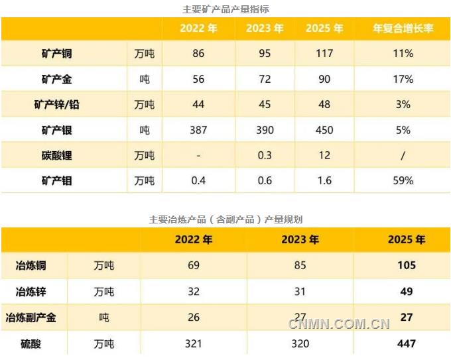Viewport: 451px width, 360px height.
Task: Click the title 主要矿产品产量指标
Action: click(x=225, y=9)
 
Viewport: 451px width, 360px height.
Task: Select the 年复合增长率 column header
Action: click(x=403, y=29)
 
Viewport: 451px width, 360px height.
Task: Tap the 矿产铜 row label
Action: click(x=56, y=54)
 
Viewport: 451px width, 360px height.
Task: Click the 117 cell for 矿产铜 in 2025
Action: click(x=324, y=54)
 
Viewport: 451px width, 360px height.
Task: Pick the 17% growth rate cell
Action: click(x=403, y=79)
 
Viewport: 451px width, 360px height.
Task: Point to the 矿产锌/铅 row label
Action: click(x=56, y=105)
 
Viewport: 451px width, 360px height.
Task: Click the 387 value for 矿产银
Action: click(x=198, y=130)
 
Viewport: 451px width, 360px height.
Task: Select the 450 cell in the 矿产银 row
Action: click(x=324, y=130)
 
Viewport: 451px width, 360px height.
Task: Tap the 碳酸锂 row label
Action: click(x=56, y=155)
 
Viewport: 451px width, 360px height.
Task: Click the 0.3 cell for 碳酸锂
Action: click(x=265, y=155)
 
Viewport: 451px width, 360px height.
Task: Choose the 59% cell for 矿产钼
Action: click(x=403, y=180)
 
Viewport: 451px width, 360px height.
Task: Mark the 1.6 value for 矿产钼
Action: click(x=324, y=180)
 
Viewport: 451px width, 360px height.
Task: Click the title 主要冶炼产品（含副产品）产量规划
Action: click(x=225, y=219)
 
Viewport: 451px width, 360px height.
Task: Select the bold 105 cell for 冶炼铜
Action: click(x=407, y=265)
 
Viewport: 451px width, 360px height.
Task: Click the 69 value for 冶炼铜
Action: click(x=194, y=265)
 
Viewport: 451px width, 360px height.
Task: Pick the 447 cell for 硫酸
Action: click(x=407, y=343)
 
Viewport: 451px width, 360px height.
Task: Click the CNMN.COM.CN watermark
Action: click(x=339, y=324)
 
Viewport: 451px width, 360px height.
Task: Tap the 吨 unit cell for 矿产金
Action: click(x=145, y=80)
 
